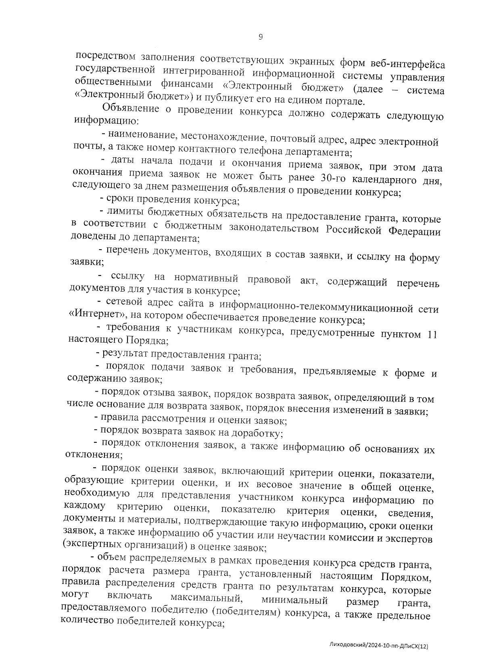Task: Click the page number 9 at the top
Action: click(260, 37)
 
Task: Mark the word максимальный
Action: click(206, 597)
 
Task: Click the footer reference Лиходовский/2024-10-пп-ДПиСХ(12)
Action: click(378, 646)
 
